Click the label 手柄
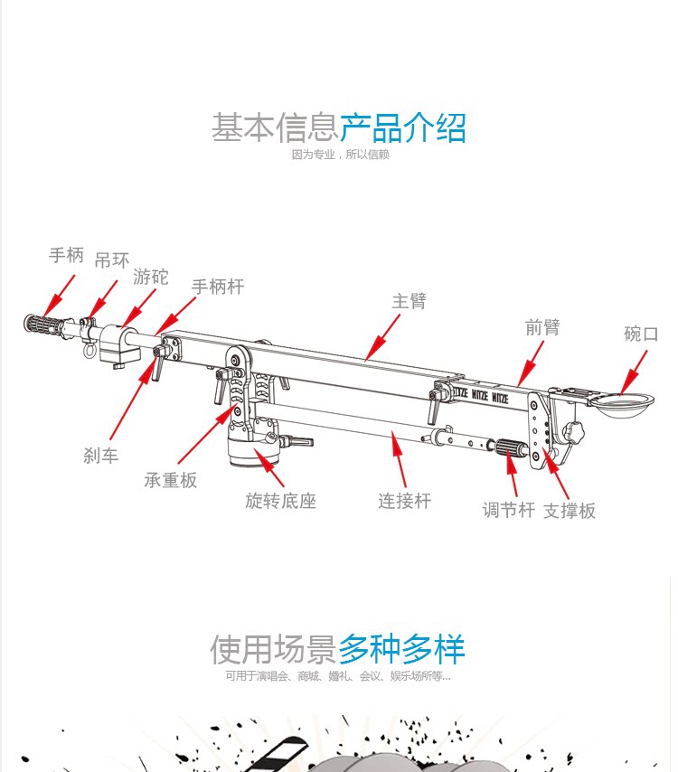66,256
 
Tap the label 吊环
112,261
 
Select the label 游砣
151,277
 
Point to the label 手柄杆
218,287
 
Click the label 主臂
409,301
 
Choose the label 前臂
542,327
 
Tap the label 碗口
641,334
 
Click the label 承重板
171,480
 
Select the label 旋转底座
281,500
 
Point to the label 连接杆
404,500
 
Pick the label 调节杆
509,510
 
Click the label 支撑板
570,511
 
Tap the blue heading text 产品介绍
403,127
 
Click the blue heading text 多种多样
402,649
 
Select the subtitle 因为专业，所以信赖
340,155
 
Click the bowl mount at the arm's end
623,403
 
